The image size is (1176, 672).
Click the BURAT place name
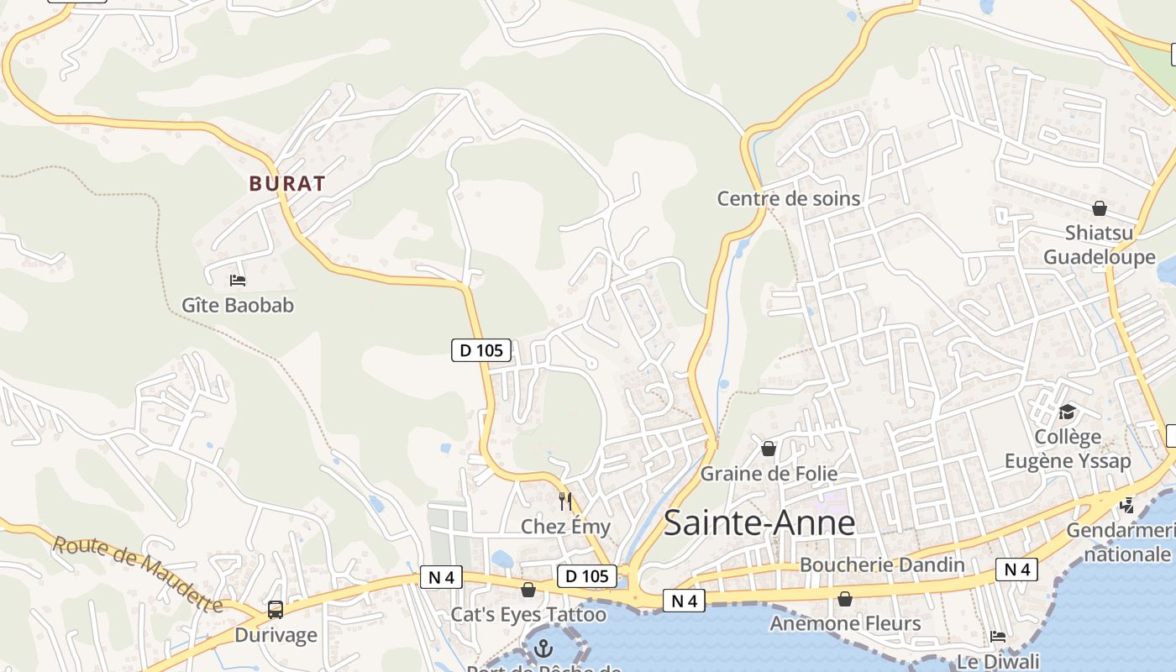(x=287, y=183)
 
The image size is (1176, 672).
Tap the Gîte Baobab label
(x=238, y=305)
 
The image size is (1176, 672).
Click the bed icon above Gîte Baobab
(x=238, y=280)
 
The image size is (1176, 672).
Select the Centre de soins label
(x=788, y=198)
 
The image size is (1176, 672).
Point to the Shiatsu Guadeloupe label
(x=1099, y=244)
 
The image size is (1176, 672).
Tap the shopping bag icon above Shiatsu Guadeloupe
(x=1099, y=207)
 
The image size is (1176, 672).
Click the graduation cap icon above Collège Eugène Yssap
(x=1067, y=412)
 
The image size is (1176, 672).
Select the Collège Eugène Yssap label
(x=1068, y=449)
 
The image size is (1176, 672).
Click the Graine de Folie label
(x=769, y=474)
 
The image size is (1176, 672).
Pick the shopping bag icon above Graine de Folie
(x=768, y=449)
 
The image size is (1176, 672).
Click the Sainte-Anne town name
(x=759, y=522)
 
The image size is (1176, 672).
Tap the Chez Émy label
(x=565, y=527)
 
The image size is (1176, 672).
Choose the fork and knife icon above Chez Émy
(x=565, y=501)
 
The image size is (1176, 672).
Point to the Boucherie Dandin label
(x=882, y=564)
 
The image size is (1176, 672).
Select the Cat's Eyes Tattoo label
(x=528, y=614)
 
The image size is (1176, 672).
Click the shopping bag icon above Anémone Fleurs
(x=845, y=599)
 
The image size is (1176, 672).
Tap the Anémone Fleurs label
(x=845, y=623)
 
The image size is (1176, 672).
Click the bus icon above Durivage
(x=276, y=610)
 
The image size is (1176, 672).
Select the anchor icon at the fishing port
(x=544, y=648)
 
